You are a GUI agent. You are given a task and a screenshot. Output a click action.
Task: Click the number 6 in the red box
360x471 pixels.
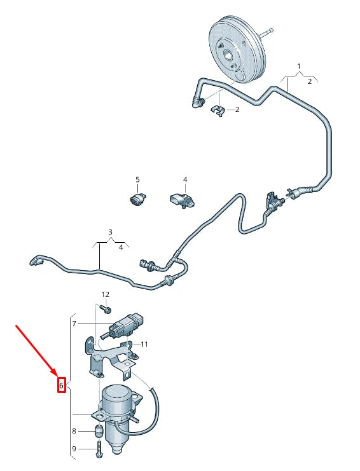(x=61, y=385)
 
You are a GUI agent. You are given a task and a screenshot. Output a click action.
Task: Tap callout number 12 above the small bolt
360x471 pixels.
(x=105, y=295)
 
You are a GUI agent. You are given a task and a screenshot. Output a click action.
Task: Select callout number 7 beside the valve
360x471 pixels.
(x=74, y=324)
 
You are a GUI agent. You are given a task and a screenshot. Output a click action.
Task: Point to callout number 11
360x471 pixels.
(x=144, y=345)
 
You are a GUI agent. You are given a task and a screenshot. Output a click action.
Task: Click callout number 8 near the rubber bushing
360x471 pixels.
(x=74, y=431)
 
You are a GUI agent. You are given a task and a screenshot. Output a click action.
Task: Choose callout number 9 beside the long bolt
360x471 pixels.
(x=74, y=449)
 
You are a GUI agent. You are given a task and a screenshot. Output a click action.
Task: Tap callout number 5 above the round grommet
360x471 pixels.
(x=137, y=180)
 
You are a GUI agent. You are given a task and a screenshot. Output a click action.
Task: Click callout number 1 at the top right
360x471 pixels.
(x=299, y=66)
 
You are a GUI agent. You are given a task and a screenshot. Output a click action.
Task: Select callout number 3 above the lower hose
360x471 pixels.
(x=110, y=232)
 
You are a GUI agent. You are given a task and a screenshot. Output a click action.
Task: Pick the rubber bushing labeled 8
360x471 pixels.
(x=99, y=432)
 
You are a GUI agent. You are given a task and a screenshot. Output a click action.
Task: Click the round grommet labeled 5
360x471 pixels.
(x=138, y=199)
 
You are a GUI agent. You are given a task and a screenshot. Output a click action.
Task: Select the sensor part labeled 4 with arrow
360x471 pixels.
(x=182, y=200)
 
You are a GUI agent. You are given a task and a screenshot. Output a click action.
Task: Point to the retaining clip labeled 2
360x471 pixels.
(x=218, y=111)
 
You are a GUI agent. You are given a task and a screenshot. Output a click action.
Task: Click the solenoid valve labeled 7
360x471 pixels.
(x=123, y=325)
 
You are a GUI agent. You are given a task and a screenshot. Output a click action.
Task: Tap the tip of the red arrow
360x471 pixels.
(x=58, y=376)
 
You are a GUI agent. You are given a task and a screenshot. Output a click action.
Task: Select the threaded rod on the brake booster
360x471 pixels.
(x=267, y=32)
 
